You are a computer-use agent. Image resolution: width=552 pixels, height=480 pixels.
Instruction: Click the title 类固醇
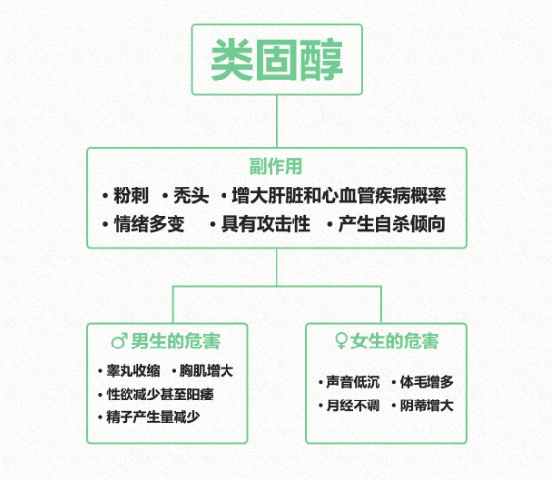[276, 60]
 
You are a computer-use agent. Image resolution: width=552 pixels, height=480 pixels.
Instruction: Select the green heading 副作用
[276, 166]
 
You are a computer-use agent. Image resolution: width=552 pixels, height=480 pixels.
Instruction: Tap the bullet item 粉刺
[130, 195]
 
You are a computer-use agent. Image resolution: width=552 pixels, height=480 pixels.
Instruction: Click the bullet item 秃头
[191, 195]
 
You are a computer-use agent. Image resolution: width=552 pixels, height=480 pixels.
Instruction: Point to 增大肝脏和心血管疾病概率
[339, 195]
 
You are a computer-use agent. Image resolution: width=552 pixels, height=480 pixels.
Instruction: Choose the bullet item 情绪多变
[149, 224]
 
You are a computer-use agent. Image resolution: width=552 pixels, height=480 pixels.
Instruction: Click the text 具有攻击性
[266, 224]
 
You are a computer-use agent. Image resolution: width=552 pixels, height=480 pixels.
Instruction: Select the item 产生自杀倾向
[392, 224]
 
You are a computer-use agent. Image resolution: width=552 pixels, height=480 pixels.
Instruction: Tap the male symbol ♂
[120, 341]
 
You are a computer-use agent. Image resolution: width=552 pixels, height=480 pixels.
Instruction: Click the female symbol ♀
[341, 341]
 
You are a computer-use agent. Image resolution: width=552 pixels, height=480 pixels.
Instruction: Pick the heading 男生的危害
[176, 341]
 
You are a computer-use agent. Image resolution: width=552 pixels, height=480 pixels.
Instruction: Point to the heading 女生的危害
[395, 341]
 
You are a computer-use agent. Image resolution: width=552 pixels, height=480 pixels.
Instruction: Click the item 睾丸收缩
[133, 371]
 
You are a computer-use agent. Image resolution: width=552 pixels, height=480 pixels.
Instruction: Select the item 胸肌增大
[207, 371]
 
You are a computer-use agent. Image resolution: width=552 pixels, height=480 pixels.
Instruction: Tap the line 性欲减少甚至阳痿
[160, 394]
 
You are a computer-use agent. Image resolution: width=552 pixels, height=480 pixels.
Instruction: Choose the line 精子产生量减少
[154, 417]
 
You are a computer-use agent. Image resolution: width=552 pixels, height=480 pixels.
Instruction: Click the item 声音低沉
[353, 382]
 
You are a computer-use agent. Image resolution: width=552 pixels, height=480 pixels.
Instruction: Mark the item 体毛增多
[427, 382]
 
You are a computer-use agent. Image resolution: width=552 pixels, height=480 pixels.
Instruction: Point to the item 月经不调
[353, 405]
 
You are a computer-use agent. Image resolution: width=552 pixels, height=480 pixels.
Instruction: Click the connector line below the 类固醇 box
[277, 122]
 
